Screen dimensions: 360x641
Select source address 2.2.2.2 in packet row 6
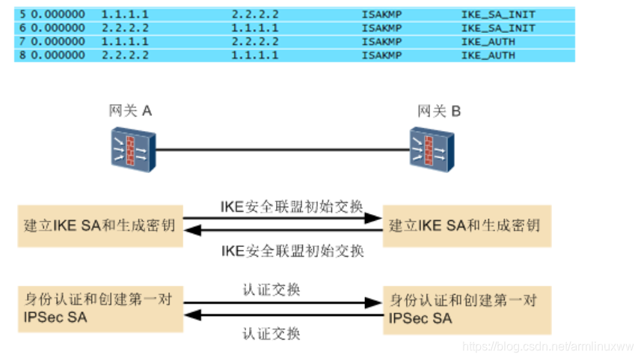pos(125,28)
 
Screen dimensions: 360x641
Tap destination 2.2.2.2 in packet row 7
pos(254,42)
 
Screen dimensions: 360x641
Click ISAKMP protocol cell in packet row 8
pos(381,55)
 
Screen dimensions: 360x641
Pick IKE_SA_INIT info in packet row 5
pos(497,15)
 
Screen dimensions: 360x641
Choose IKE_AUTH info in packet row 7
pos(488,42)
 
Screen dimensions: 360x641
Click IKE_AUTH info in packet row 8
pos(488,55)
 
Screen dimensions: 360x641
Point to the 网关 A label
pos(130,112)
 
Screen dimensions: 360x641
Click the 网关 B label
pos(439,112)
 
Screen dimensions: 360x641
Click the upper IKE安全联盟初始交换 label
pos(292,206)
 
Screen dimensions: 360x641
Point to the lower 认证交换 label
pos(272,333)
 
